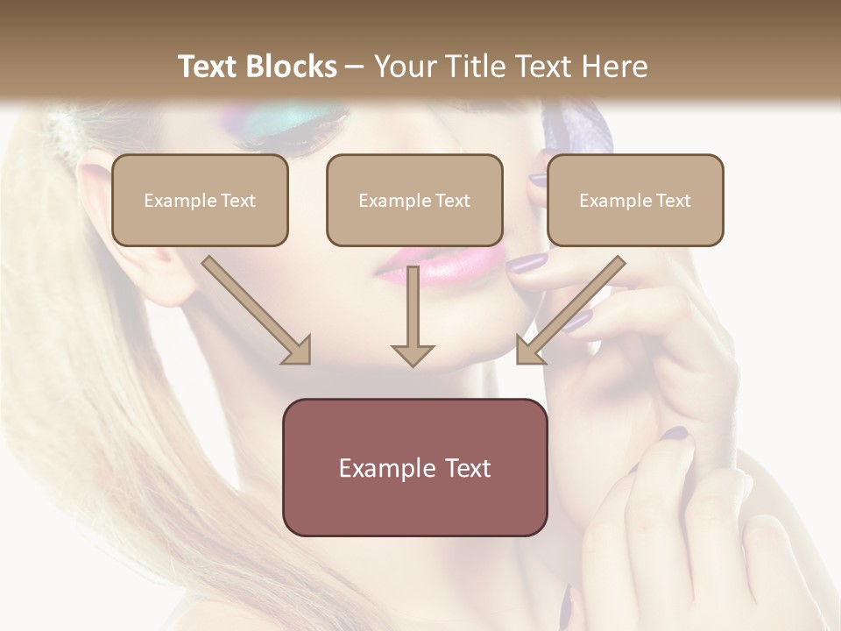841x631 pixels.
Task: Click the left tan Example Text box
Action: tap(200, 200)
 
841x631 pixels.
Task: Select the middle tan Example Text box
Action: tap(414, 200)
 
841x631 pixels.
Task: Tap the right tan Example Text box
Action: tap(635, 200)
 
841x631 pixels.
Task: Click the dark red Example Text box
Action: tap(414, 467)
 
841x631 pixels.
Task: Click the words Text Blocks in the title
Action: tap(257, 67)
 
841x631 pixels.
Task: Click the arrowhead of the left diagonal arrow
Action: tap(297, 351)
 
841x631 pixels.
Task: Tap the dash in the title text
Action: tap(355, 67)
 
